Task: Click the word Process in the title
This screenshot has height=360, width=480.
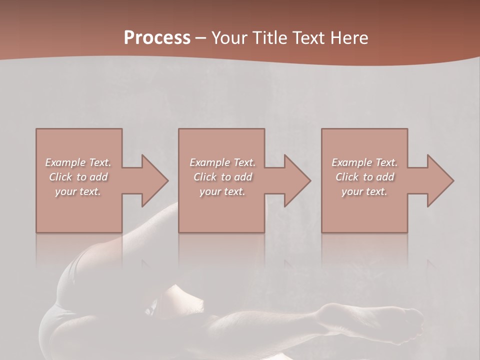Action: tap(157, 38)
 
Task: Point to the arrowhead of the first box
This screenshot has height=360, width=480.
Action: tap(154, 181)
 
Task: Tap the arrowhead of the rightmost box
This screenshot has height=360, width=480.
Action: tap(440, 181)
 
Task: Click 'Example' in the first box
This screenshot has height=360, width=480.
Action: tap(65, 162)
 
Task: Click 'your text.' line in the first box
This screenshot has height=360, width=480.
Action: tap(78, 191)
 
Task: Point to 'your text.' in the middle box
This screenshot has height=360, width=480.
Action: tap(222, 191)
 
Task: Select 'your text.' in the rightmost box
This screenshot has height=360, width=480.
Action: tap(364, 191)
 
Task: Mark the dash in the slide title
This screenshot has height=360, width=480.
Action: tap(201, 38)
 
